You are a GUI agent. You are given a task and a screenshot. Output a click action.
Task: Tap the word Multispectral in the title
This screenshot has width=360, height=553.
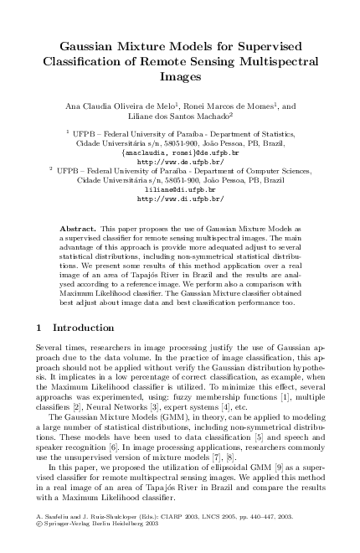tap(275, 61)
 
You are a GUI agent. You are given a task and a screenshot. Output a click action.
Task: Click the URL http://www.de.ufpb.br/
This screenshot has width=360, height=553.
tap(180, 161)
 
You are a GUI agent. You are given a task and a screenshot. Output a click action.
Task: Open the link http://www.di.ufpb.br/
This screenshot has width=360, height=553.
tap(180, 199)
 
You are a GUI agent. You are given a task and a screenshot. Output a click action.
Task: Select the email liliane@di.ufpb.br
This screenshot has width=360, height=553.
tap(180, 190)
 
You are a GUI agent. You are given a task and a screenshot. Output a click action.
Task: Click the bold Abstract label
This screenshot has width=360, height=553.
tap(78, 228)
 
